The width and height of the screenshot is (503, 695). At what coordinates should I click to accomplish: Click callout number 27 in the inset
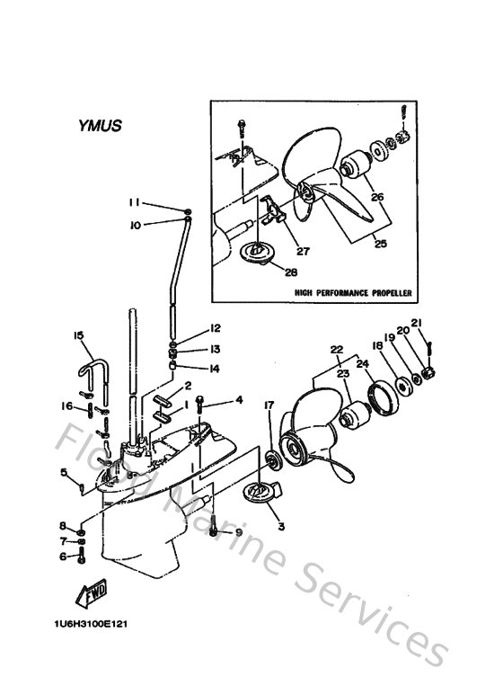point(303,251)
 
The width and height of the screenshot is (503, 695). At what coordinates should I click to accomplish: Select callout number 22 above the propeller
point(336,350)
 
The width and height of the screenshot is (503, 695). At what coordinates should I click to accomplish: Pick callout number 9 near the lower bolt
point(238,533)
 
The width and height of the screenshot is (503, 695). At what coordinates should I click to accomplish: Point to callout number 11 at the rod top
point(132,201)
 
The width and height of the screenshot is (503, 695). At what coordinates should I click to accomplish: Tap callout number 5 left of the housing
point(64,472)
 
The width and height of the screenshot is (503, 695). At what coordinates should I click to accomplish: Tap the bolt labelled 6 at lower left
point(84,558)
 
